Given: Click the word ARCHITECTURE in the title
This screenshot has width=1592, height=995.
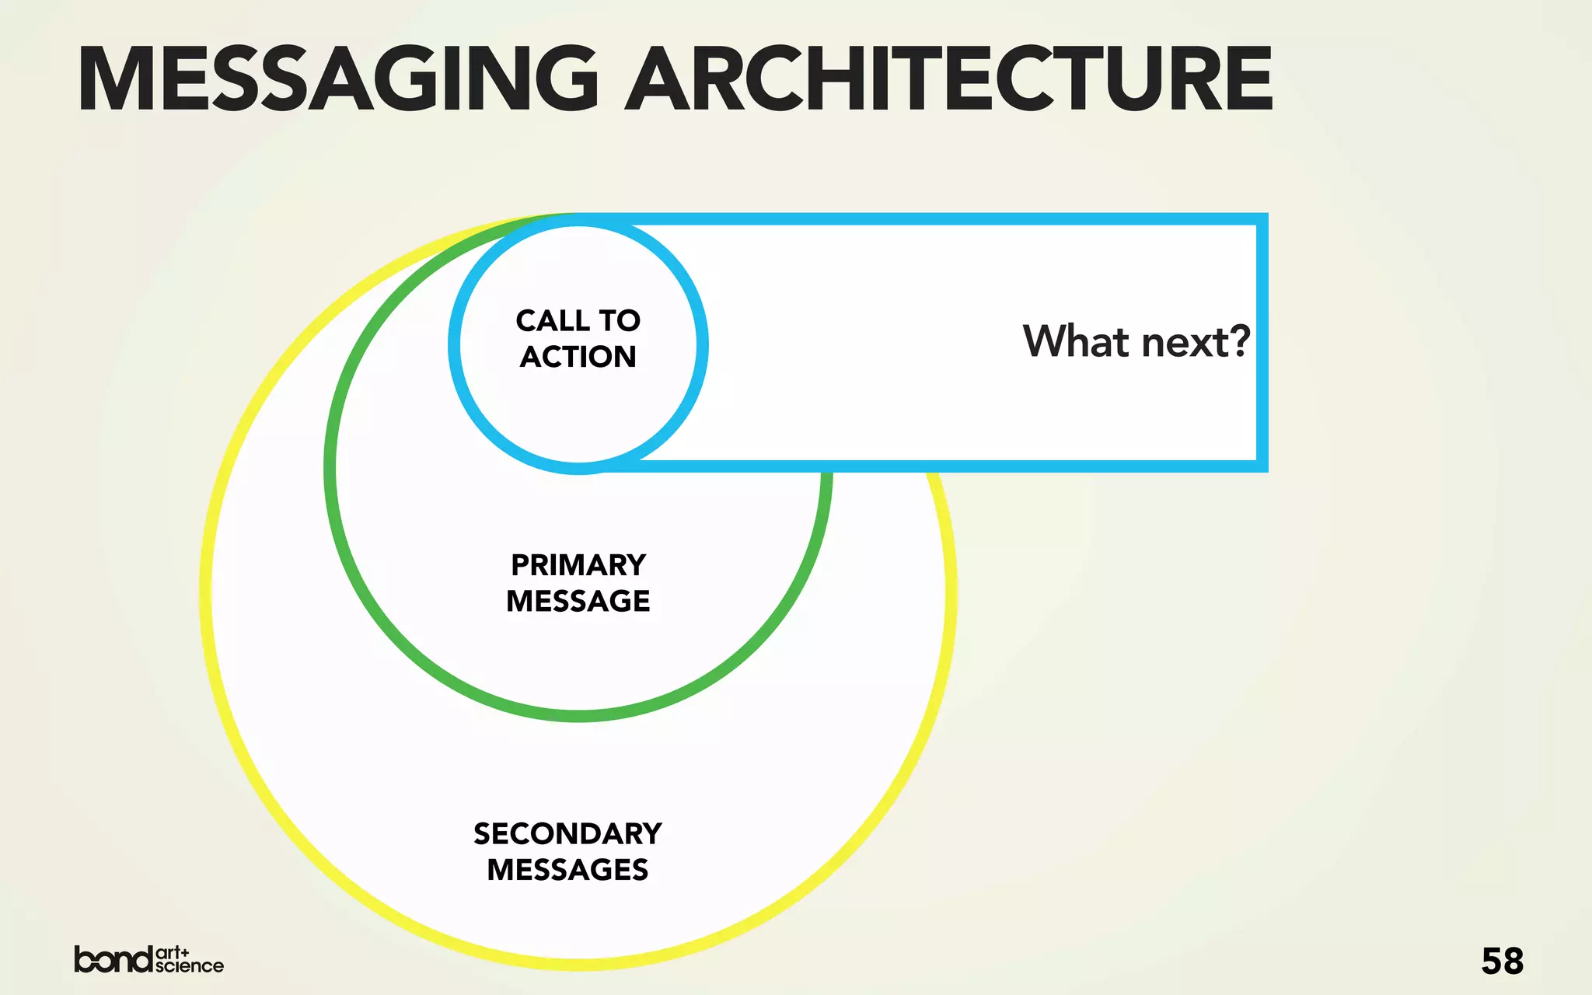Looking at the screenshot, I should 949,79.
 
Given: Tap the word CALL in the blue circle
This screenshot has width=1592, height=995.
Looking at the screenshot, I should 552,320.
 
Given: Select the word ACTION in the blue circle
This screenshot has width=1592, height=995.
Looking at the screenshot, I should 578,357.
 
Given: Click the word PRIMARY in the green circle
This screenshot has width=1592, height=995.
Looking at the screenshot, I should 578,565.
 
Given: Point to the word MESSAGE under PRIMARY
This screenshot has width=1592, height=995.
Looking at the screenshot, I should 578,601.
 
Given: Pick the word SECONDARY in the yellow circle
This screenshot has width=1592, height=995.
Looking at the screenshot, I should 567,834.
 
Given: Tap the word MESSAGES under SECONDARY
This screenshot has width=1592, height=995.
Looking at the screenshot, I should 567,870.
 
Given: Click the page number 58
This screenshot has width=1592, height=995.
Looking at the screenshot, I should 1502,962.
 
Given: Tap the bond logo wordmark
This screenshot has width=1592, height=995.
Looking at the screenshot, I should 113,959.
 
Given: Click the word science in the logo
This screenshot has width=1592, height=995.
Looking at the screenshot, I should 190,966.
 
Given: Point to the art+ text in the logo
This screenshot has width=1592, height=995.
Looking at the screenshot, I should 173,952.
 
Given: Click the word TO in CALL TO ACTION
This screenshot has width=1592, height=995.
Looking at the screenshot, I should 620,320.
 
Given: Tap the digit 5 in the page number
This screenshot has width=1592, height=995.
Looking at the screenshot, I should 1491,962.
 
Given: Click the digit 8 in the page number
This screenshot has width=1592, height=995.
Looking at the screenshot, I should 1513,962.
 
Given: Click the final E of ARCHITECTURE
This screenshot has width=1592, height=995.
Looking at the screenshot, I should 1245,79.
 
